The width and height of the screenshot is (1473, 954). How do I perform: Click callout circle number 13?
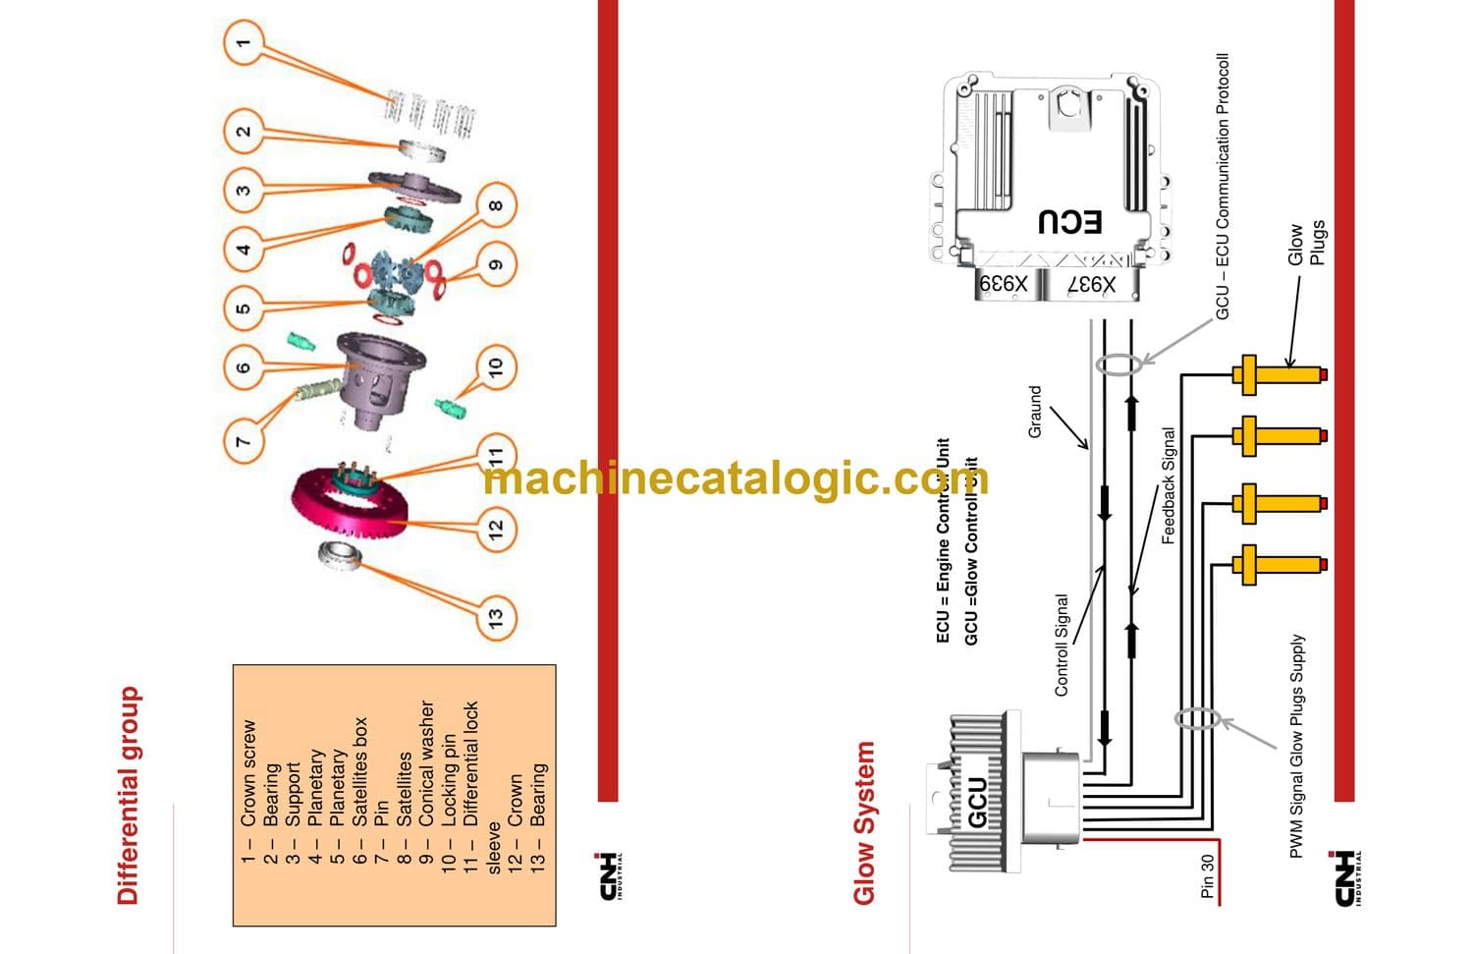495,616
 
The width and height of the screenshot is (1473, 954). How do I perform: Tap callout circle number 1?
244,43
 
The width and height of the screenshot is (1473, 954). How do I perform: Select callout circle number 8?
495,204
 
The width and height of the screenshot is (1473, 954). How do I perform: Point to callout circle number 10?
495,367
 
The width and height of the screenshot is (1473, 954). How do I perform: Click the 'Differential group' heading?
129,795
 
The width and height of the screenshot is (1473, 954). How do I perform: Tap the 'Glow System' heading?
863,822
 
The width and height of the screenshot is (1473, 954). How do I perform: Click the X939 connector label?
1003,283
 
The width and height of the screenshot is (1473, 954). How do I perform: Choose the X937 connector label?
1092,284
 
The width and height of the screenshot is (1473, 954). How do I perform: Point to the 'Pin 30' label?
1208,875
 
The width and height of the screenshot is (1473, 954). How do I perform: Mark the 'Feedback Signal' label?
1169,485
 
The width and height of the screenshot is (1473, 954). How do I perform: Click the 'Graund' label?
1035,412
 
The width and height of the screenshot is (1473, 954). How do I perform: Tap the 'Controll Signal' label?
1062,645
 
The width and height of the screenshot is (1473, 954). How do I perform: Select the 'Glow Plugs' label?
1306,243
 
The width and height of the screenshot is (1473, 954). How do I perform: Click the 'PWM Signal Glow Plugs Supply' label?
1297,746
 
